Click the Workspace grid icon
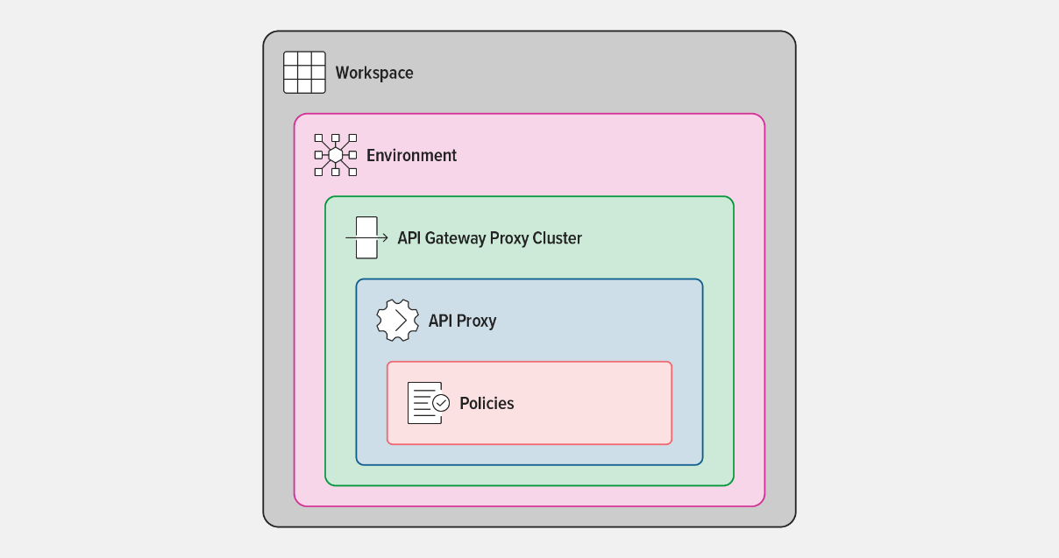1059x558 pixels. click(304, 73)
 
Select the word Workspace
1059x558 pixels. click(374, 74)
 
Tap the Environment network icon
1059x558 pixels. click(336, 155)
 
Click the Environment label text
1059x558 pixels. click(411, 155)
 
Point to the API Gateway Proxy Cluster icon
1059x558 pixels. click(366, 237)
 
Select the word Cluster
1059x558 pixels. click(557, 238)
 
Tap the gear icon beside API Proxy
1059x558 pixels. click(398, 321)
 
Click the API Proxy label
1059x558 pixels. click(462, 321)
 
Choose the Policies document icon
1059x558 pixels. click(429, 403)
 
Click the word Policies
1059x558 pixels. click(487, 404)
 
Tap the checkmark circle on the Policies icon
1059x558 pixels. click(441, 403)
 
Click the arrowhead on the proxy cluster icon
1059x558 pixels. click(385, 237)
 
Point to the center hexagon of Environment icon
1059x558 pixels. click(336, 155)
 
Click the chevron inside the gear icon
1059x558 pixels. click(401, 321)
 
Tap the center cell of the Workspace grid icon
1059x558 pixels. click(304, 73)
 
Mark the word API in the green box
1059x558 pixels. click(409, 238)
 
